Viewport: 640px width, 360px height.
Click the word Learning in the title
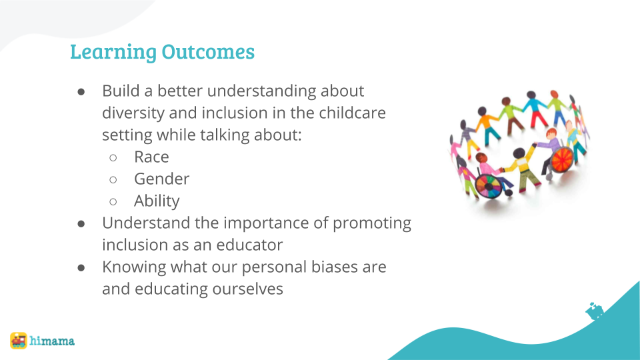(113, 52)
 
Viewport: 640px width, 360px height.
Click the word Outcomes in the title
(208, 51)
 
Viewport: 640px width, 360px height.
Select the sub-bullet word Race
(151, 157)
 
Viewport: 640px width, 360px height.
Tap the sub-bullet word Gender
(161, 179)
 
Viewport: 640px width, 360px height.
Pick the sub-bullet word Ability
(157, 201)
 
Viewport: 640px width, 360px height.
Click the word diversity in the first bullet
(133, 113)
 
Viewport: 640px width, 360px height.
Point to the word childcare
(352, 113)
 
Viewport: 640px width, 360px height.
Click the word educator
(249, 245)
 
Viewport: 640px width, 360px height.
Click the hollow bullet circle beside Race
(113, 157)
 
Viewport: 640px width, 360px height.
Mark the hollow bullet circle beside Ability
(113, 201)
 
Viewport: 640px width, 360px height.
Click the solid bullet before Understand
(81, 224)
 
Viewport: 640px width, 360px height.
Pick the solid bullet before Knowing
(81, 268)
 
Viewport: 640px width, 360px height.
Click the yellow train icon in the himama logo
(19, 341)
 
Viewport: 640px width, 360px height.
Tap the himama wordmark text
(52, 341)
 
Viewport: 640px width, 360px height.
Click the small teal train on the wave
(594, 311)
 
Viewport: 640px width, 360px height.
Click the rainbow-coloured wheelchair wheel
(488, 186)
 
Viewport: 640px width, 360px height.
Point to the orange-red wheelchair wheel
(562, 159)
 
